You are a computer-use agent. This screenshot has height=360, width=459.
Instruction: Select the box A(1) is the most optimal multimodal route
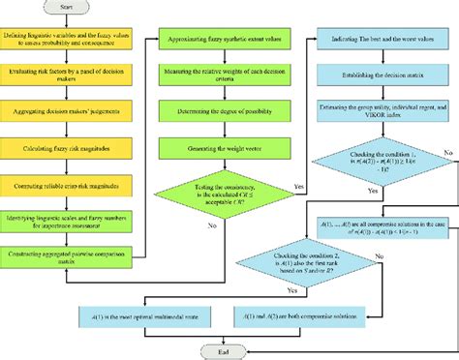(x=139, y=314)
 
